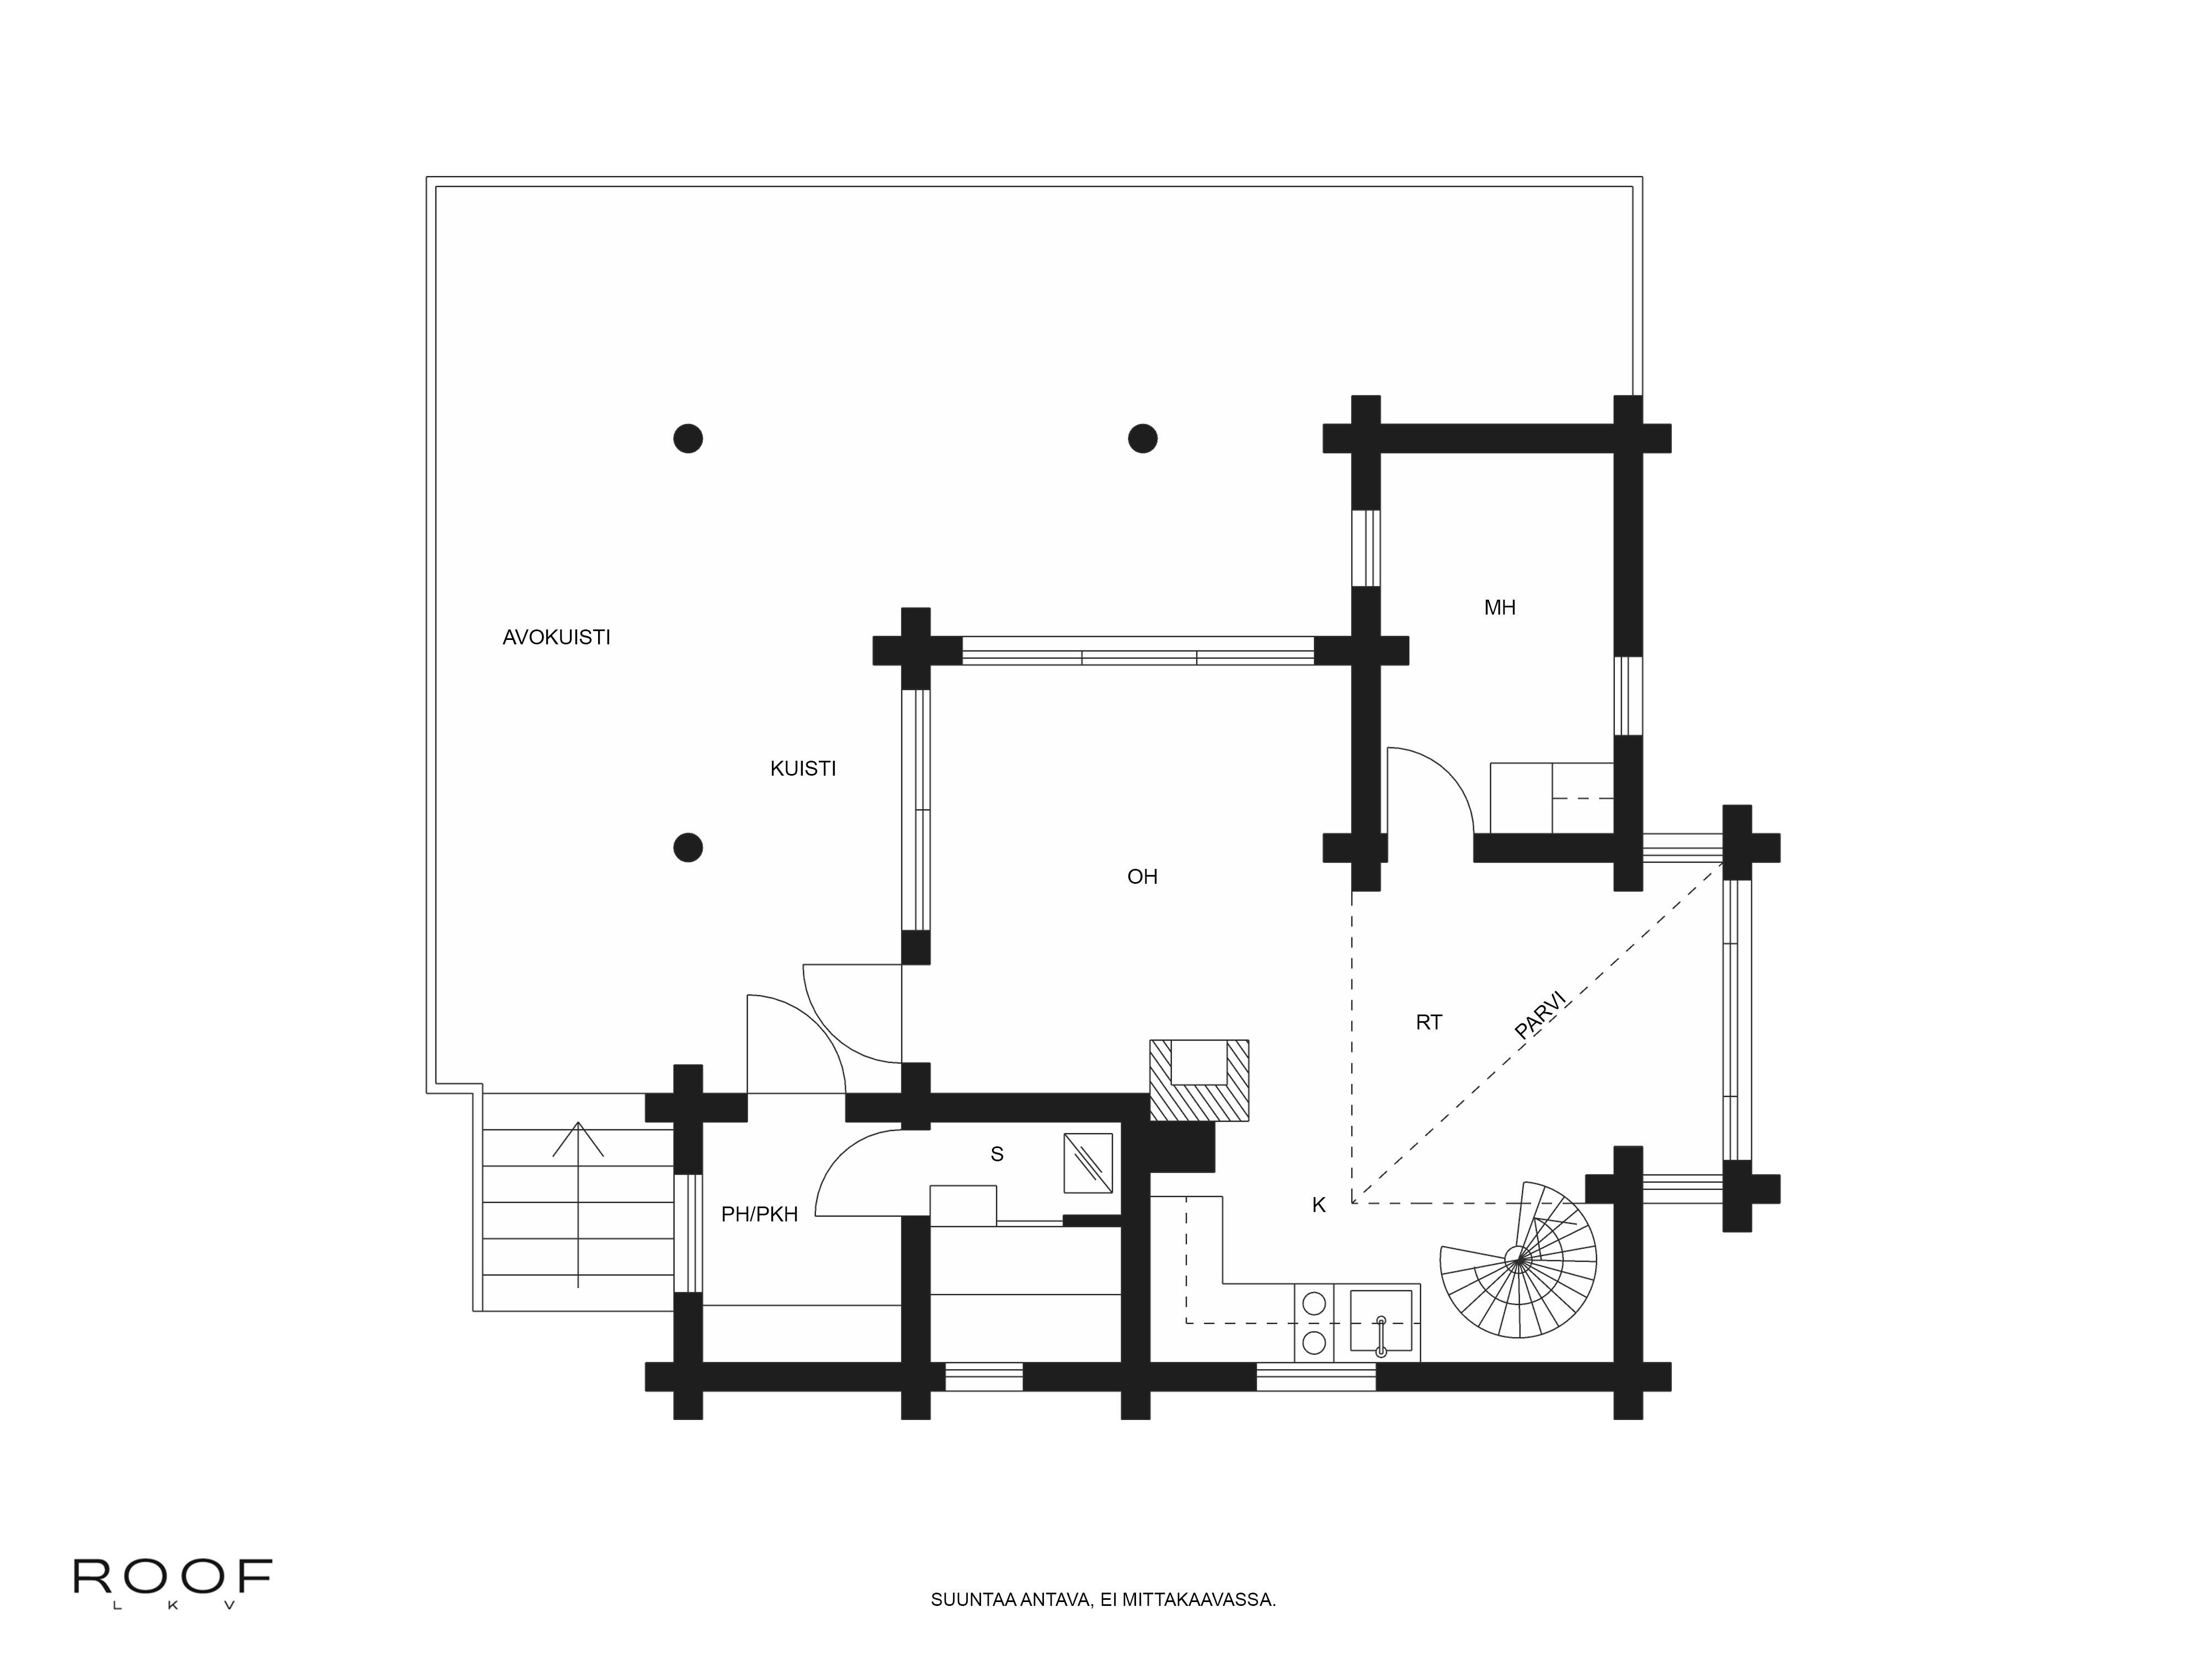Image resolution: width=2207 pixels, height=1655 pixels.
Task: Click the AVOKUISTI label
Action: (556, 637)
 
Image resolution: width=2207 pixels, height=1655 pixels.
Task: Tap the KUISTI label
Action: (802, 768)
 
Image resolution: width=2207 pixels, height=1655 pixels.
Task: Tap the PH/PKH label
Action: (759, 1214)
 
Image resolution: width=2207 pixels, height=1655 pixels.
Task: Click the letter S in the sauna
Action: (996, 1154)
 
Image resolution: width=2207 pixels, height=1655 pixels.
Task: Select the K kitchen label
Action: (1318, 1205)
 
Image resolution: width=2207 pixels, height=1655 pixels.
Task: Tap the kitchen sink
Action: (1381, 1322)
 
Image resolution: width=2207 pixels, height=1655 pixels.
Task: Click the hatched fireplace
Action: (1198, 1080)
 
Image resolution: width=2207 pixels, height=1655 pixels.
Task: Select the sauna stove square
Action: (1087, 1162)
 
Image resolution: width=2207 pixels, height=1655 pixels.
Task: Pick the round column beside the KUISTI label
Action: (687, 847)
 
